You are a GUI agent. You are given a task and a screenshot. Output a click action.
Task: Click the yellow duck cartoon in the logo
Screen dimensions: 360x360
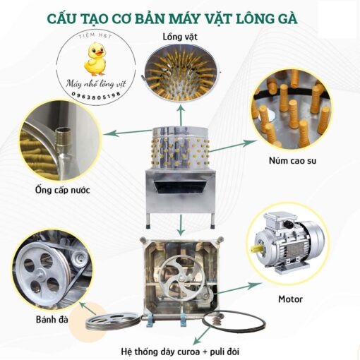click(x=95, y=59)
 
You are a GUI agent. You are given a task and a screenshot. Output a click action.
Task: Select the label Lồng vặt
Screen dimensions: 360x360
click(x=180, y=37)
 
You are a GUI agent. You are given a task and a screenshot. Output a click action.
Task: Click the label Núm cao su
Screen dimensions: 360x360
click(x=292, y=161)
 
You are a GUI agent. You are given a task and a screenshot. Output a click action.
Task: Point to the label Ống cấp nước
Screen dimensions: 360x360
click(x=63, y=190)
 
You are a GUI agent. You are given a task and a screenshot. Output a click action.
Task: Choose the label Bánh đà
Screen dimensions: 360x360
click(x=52, y=319)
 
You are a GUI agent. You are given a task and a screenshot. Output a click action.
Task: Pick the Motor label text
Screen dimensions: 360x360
click(x=290, y=299)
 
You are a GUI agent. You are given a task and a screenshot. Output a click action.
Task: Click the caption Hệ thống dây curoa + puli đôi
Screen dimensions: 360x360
click(x=180, y=352)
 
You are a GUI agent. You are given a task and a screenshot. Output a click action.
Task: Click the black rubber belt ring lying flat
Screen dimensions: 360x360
click(x=234, y=321)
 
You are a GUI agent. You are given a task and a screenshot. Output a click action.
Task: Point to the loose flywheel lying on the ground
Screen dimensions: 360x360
click(x=113, y=321)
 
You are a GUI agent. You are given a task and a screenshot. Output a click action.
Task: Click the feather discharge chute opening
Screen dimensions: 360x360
click(x=181, y=186)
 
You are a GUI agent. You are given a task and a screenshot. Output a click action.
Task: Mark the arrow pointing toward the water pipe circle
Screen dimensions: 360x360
click(x=128, y=133)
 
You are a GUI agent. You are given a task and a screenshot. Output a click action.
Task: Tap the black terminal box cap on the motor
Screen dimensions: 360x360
click(x=289, y=223)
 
